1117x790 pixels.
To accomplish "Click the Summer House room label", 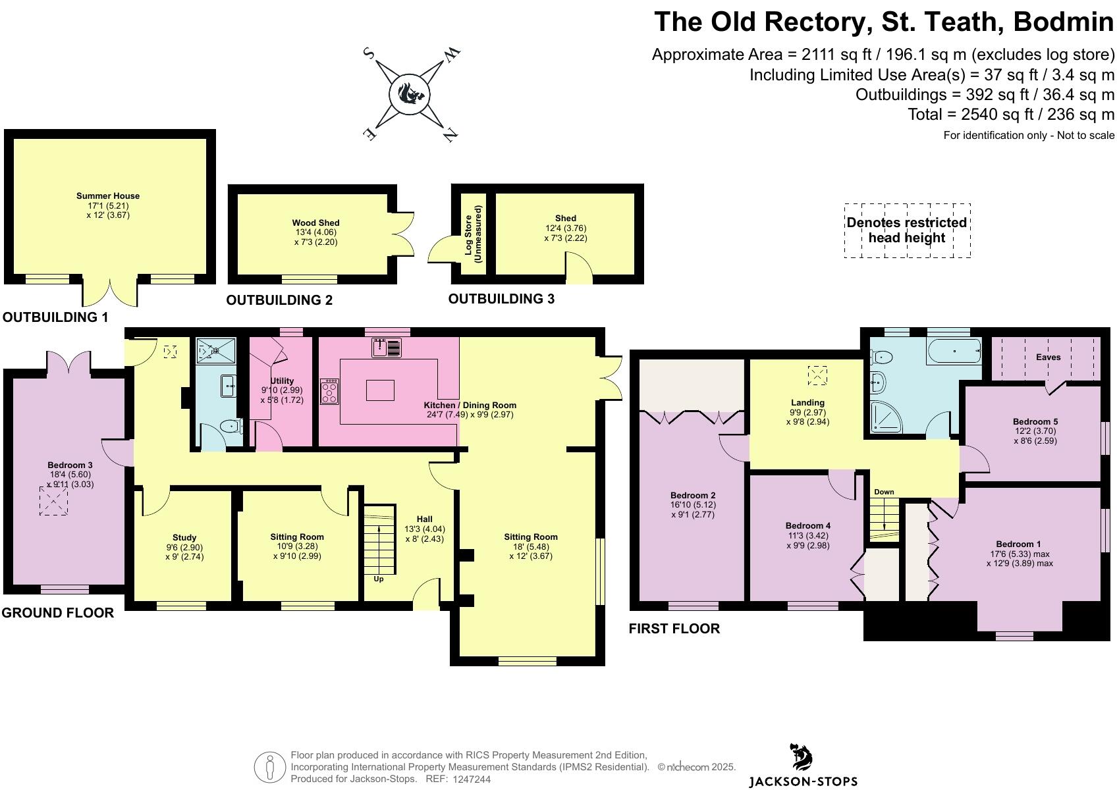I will [108, 196].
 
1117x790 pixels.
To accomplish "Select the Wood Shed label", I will [315, 223].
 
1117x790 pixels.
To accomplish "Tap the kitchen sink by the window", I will [387, 348].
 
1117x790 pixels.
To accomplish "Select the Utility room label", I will [282, 381].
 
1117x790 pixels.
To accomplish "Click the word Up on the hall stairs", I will [379, 579].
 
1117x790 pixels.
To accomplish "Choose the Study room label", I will [184, 538].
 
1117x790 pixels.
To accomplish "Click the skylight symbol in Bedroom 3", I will [53, 501].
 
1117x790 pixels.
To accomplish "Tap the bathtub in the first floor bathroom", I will [954, 352].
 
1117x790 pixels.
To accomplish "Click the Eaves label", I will [1048, 357].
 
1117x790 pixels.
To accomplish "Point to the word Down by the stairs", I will [884, 492].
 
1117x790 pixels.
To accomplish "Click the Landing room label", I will [807, 403].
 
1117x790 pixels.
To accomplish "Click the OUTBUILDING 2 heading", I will [279, 300].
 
